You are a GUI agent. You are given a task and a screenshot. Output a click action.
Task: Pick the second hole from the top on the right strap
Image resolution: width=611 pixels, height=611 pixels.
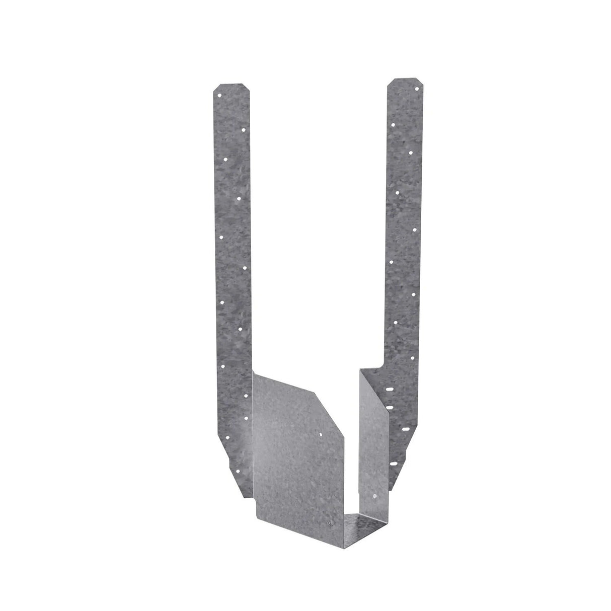click(x=393, y=124)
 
